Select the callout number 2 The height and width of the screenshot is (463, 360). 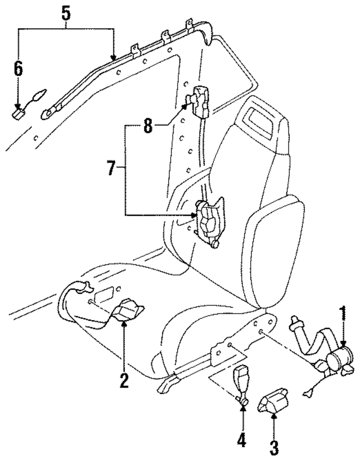coord(124,380)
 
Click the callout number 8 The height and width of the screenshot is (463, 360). coord(147,125)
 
